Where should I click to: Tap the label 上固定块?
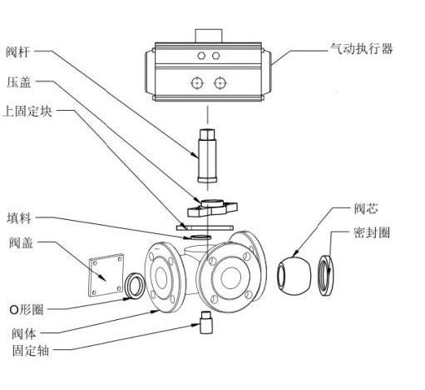(29, 112)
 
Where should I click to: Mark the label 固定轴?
(29, 349)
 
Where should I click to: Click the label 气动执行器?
(361, 49)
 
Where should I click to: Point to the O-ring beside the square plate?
(134, 284)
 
